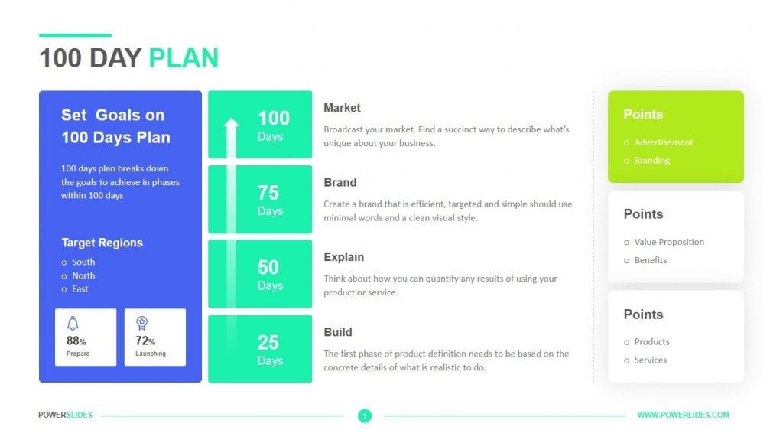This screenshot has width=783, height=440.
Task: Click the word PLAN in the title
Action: (x=184, y=58)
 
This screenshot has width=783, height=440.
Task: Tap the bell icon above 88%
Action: (x=73, y=323)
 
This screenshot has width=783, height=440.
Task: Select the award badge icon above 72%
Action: (x=141, y=323)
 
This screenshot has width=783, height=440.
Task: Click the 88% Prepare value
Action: (x=76, y=341)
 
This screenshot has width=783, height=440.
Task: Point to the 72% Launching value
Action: (x=146, y=341)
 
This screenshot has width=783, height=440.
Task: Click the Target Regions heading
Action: (x=102, y=243)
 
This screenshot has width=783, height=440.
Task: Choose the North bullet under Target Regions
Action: (x=83, y=275)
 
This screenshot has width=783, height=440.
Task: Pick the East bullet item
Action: (x=80, y=289)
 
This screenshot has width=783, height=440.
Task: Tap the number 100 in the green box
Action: (x=273, y=118)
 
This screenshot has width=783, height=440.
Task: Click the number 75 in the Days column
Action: (x=268, y=193)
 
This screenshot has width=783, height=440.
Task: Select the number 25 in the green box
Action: (x=268, y=342)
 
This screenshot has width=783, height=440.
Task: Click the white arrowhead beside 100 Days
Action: (x=231, y=123)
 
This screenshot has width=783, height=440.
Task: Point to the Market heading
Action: (x=342, y=108)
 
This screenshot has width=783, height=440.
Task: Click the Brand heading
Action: (x=340, y=183)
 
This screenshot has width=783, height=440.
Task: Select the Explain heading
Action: (x=343, y=257)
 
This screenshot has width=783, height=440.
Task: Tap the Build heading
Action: (x=337, y=332)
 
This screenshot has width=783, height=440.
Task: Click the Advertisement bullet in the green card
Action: (x=663, y=142)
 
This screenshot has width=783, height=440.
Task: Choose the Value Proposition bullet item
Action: (x=669, y=242)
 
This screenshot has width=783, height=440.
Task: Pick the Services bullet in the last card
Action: (x=650, y=360)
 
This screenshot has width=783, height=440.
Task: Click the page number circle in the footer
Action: (x=365, y=416)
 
